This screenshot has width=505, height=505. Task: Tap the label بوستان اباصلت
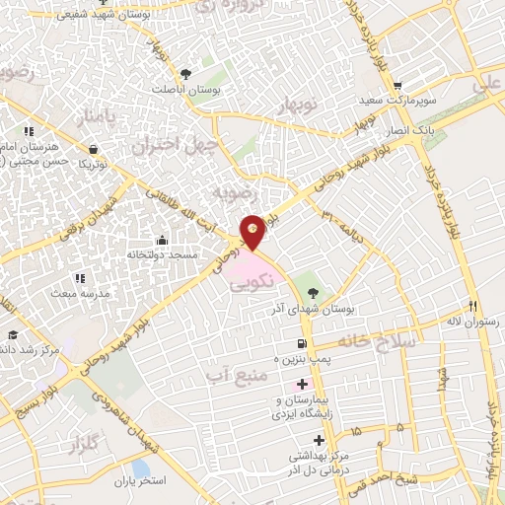[185, 89]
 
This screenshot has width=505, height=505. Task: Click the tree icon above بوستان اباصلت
[185, 73]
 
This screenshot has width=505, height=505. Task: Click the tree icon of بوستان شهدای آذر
[313, 293]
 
